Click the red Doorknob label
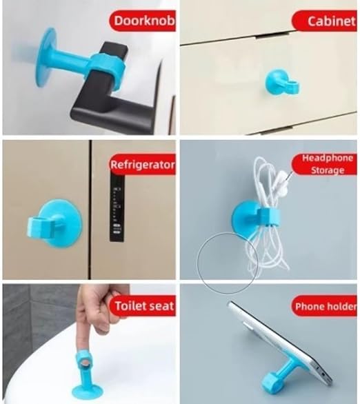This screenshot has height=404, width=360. pyautogui.click(x=143, y=21)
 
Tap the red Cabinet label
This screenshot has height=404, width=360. pyautogui.click(x=325, y=21)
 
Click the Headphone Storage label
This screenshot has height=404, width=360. pyautogui.click(x=325, y=164)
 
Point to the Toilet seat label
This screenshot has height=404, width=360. pyautogui.click(x=143, y=306)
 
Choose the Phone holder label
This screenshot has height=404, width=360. pyautogui.click(x=325, y=306)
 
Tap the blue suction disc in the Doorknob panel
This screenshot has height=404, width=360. pyautogui.click(x=47, y=57)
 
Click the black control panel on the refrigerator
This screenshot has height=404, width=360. pyautogui.click(x=117, y=208)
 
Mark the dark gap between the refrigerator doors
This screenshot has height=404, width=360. pyautogui.click(x=90, y=210)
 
